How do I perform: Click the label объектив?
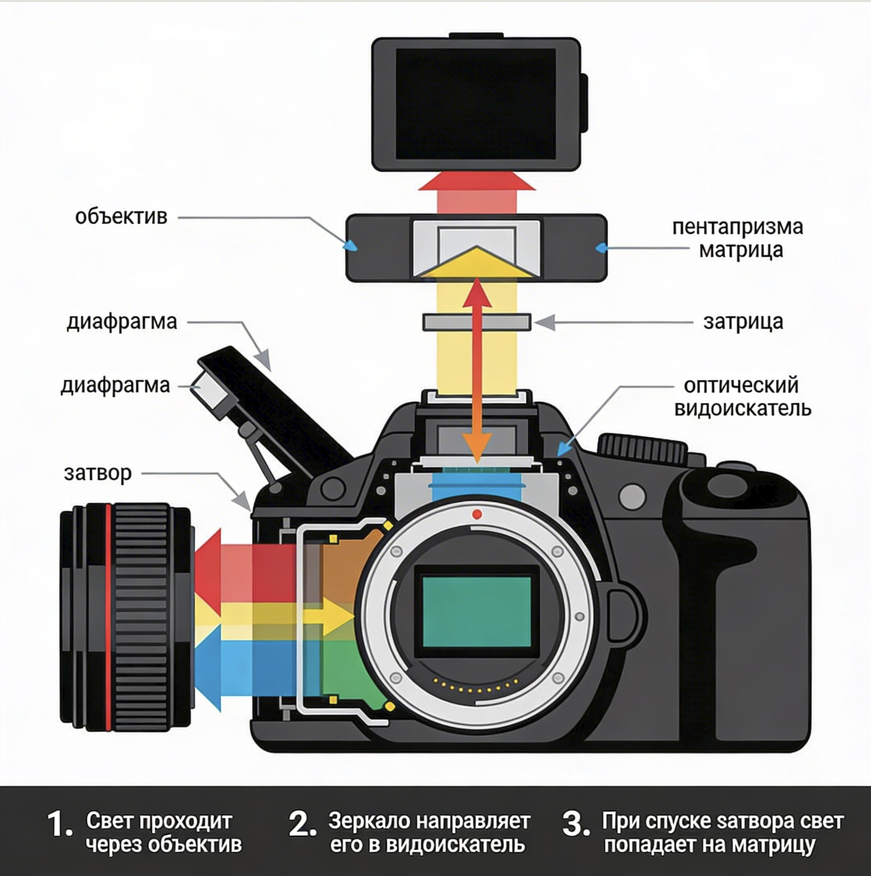(x=121, y=217)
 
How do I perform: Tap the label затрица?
(x=743, y=322)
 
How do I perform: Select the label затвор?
(x=98, y=474)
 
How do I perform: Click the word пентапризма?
(x=738, y=227)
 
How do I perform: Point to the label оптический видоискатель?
(x=742, y=397)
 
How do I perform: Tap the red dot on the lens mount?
(x=477, y=514)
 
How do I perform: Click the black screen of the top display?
(x=475, y=104)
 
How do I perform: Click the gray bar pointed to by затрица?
(x=477, y=322)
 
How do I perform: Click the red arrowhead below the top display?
(x=477, y=181)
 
